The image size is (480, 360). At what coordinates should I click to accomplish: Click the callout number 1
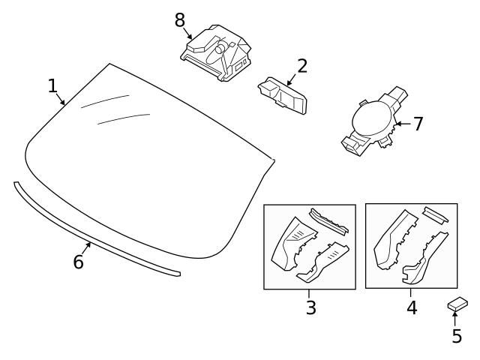pyautogui.click(x=52, y=85)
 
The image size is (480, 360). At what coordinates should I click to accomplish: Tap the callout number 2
pyautogui.click(x=301, y=66)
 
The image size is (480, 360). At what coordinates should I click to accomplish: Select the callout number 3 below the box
pyautogui.click(x=310, y=307)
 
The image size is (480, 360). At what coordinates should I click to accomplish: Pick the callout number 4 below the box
pyautogui.click(x=412, y=307)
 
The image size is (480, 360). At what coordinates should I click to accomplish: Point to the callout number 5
pyautogui.click(x=457, y=337)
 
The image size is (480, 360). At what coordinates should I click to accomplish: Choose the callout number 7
pyautogui.click(x=418, y=124)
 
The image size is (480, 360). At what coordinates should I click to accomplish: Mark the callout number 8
pyautogui.click(x=180, y=20)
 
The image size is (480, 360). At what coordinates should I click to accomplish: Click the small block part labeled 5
pyautogui.click(x=457, y=304)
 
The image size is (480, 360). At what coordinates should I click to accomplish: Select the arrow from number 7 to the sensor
pyautogui.click(x=402, y=124)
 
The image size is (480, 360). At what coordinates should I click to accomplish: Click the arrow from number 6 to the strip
pyautogui.click(x=85, y=249)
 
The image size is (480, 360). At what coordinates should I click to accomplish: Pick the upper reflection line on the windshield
pyautogui.click(x=105, y=102)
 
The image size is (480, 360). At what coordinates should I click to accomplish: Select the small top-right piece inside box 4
pyautogui.click(x=436, y=214)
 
